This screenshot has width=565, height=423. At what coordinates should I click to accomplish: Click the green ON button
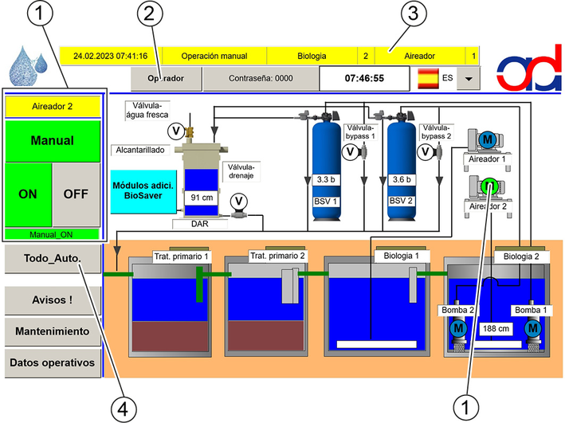(28, 194)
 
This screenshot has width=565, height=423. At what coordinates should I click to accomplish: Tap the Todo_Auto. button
(53, 259)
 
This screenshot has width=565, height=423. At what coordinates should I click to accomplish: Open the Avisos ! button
(53, 300)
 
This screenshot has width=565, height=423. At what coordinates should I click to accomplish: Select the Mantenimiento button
(53, 331)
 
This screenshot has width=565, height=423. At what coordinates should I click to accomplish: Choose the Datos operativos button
(53, 362)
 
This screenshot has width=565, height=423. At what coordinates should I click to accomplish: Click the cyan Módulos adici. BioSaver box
(143, 191)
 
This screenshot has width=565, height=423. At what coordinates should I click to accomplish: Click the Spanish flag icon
(428, 78)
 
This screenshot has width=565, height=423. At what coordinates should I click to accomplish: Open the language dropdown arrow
(469, 79)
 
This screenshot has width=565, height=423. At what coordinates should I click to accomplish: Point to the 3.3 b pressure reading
(326, 179)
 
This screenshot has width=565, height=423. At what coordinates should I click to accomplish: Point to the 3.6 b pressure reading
(402, 179)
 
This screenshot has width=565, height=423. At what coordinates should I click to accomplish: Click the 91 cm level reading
(202, 198)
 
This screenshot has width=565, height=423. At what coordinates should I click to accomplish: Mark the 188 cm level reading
(496, 328)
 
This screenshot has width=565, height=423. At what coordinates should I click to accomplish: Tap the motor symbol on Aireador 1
(487, 139)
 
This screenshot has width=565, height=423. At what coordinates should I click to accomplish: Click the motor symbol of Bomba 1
(533, 328)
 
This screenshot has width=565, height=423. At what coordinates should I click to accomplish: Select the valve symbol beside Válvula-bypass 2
(426, 151)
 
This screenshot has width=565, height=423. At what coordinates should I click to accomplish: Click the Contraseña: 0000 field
(261, 79)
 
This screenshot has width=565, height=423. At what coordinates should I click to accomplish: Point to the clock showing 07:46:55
(364, 79)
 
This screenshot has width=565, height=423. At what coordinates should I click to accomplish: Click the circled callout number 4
(124, 409)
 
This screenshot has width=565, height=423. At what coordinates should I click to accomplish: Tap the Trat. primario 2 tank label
(277, 256)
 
